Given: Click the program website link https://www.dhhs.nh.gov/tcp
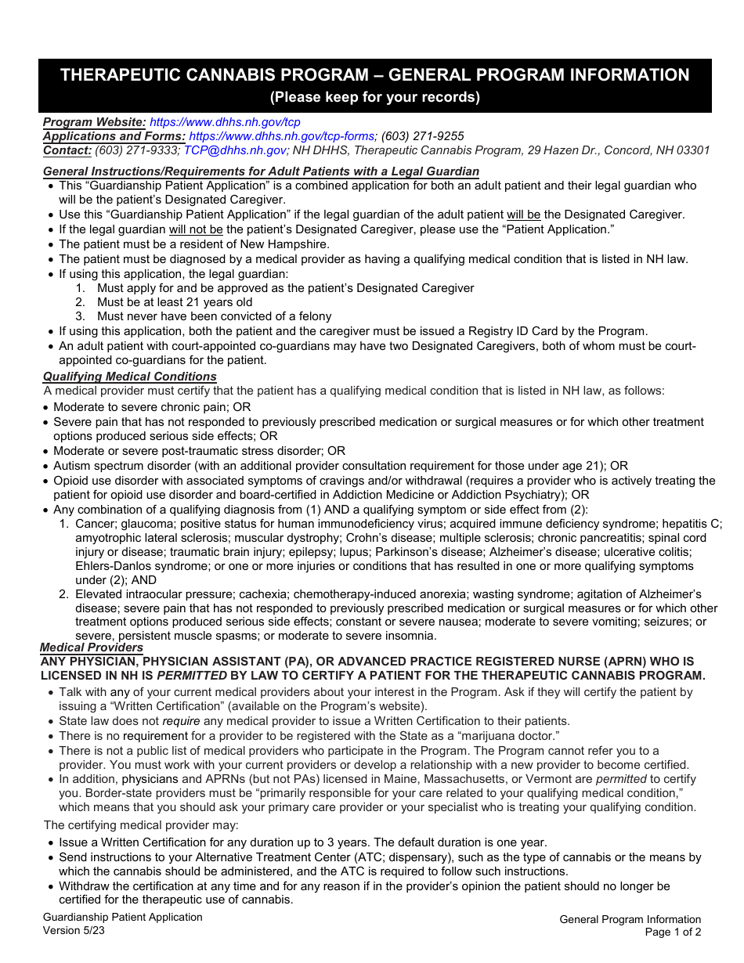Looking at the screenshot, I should [x=225, y=122].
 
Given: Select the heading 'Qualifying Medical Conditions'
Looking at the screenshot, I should [x=130, y=377].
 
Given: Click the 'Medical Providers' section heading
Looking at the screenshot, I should [x=92, y=647].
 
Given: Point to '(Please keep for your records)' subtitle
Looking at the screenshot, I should [x=375, y=98].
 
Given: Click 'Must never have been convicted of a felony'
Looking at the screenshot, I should [x=214, y=316].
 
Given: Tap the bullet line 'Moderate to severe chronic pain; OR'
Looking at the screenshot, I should [x=152, y=407].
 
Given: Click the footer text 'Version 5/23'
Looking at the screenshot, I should [x=74, y=931].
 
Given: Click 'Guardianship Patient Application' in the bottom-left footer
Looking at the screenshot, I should [x=122, y=918].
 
